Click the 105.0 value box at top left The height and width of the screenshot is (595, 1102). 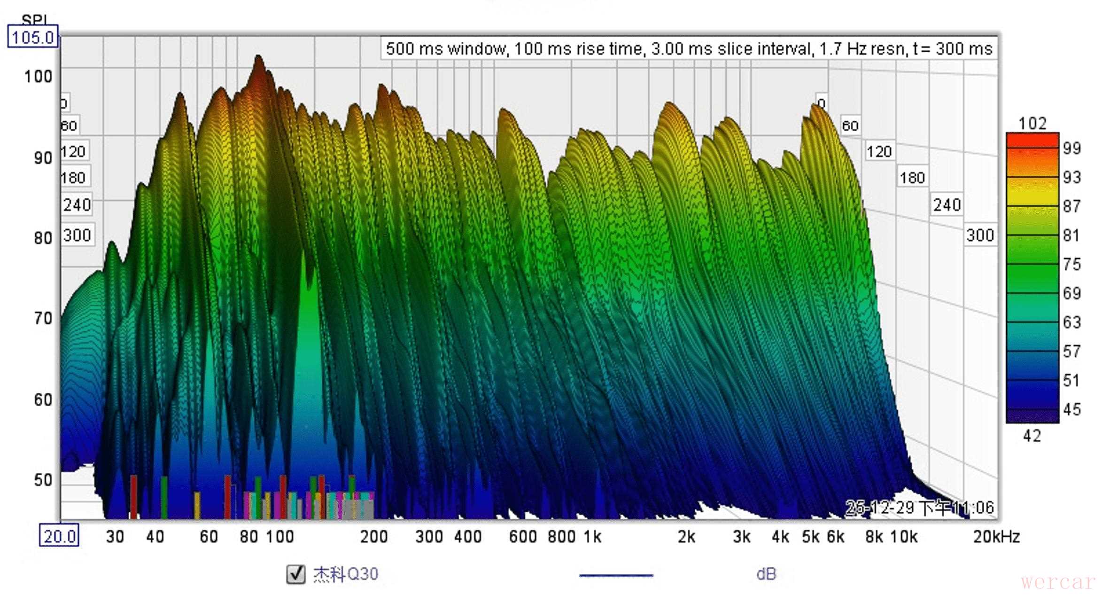[x=32, y=37]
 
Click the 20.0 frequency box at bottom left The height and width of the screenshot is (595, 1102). [x=59, y=536]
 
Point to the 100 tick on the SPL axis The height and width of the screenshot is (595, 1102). [x=38, y=76]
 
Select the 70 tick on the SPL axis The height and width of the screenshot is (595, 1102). [x=43, y=319]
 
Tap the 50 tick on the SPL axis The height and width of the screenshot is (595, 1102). [x=43, y=480]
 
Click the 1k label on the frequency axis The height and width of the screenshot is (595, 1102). [x=592, y=536]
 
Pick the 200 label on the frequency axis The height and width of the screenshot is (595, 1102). [x=373, y=536]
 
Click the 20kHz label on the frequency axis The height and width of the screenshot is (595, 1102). [x=996, y=536]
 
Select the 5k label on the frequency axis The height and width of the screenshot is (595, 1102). [x=810, y=536]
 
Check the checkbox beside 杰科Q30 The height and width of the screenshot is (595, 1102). [x=296, y=574]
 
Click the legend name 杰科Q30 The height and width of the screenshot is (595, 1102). [x=346, y=574]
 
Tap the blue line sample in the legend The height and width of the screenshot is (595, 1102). [x=616, y=575]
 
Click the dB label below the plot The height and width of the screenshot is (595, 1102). [x=766, y=574]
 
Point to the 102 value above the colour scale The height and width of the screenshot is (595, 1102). [x=1032, y=124]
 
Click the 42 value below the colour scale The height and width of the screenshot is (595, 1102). [x=1032, y=436]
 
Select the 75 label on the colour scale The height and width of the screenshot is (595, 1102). [x=1071, y=264]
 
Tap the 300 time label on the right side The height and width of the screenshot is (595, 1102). [x=980, y=235]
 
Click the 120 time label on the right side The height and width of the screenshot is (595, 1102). [x=879, y=151]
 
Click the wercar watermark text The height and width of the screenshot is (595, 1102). [x=1058, y=582]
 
